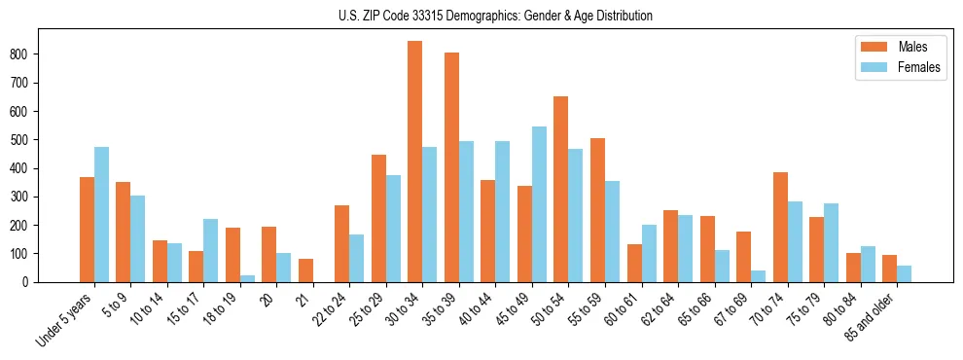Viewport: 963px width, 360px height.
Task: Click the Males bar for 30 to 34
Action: (414, 162)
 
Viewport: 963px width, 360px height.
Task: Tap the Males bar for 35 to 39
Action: (451, 167)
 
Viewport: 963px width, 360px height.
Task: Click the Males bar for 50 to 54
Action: (560, 190)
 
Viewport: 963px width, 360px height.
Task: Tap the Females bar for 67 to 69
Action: (758, 276)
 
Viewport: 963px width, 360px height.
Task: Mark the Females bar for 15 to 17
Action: (211, 250)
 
